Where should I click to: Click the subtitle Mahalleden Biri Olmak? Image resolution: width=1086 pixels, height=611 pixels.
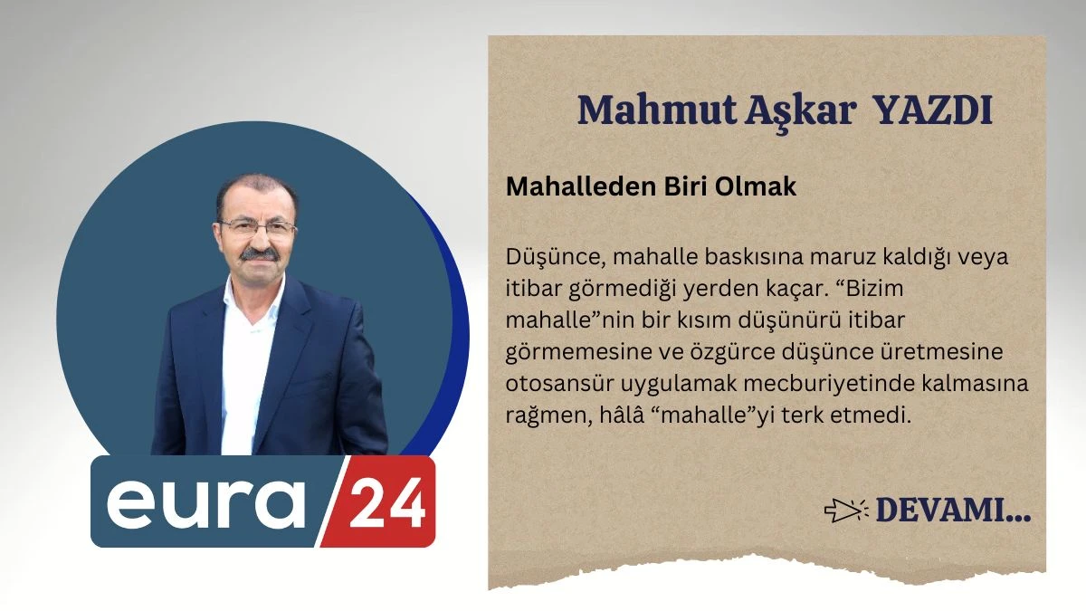coord(651,186)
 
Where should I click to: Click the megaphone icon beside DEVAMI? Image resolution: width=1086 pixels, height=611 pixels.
coord(846,511)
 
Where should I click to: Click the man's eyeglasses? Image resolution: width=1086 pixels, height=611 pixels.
coord(258,227)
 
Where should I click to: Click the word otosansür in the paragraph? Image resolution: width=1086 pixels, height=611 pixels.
coord(554,384)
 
